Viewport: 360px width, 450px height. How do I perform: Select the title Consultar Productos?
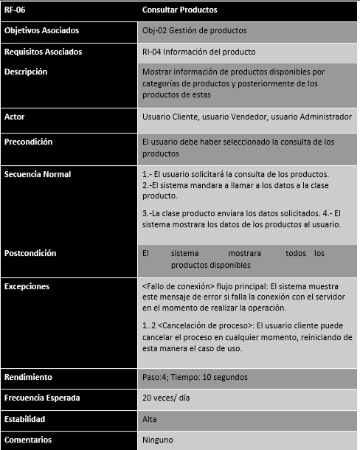(179, 10)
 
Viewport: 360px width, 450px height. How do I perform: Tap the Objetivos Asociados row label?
(41, 30)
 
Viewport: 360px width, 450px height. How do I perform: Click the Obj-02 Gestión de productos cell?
(194, 30)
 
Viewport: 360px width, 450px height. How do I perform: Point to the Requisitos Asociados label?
(43, 52)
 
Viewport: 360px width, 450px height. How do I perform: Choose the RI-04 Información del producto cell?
(198, 52)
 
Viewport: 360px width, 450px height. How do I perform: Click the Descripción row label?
(26, 72)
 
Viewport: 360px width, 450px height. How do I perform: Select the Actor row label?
(15, 117)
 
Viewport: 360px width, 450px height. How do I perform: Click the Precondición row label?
(28, 141)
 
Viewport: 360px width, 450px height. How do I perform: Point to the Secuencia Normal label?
(38, 174)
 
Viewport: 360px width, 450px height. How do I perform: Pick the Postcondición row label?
(30, 253)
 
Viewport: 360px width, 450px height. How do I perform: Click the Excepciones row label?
(27, 285)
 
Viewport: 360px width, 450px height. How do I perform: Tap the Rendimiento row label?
(28, 377)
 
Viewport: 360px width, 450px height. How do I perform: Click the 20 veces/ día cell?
(167, 398)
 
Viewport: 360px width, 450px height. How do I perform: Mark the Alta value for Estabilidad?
(149, 419)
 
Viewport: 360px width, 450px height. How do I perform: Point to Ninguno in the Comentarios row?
(157, 440)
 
